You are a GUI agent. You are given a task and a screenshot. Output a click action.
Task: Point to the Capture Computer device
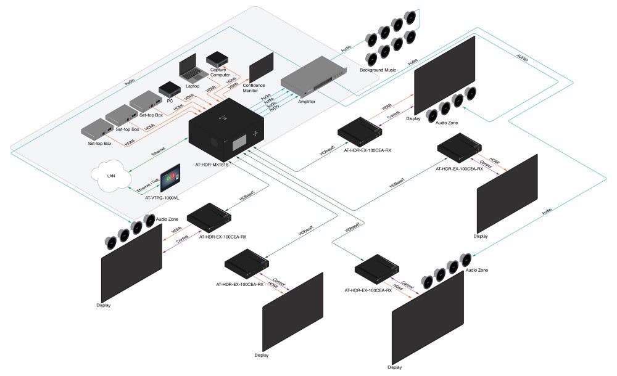(x=218, y=59)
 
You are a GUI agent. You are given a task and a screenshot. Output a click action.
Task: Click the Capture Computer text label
(x=219, y=73)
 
